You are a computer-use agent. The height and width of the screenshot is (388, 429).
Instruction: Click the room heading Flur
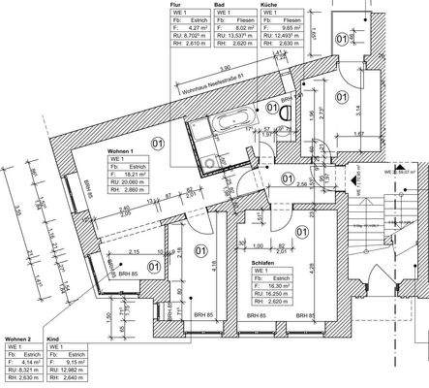point(175,5)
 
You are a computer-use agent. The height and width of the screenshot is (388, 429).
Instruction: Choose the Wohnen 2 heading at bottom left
point(18,338)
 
